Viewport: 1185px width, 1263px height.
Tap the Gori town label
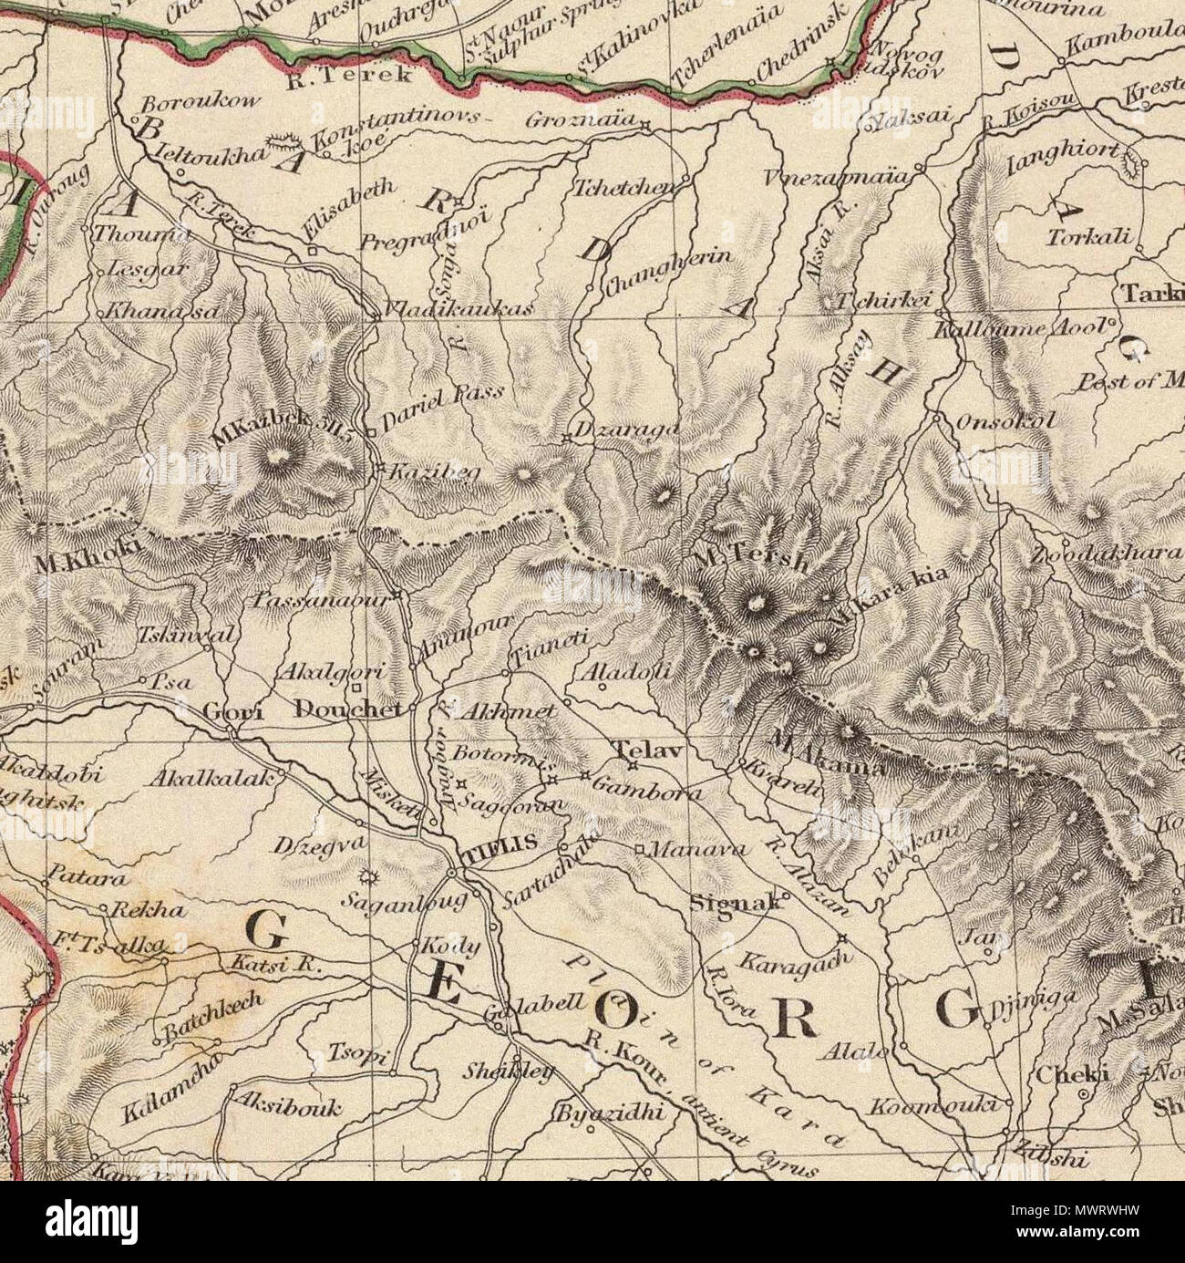coord(233,712)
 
